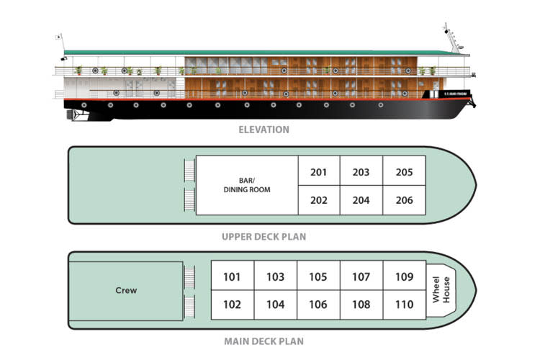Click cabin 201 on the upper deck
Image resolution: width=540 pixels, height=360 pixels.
click(319, 172)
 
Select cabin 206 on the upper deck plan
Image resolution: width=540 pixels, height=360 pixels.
click(404, 200)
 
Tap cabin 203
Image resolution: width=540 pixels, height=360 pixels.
click(361, 172)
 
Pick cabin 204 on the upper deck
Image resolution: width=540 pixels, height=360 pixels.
click(361, 200)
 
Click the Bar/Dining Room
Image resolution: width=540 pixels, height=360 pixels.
click(247, 185)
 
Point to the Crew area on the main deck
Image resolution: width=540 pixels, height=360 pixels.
click(126, 291)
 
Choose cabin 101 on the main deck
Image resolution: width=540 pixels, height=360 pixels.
click(232, 276)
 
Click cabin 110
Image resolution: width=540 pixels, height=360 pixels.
click(404, 305)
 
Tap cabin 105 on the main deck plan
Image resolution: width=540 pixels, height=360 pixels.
click(318, 276)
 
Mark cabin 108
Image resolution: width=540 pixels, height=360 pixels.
click(361, 305)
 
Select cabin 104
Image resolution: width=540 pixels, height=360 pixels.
click(275, 305)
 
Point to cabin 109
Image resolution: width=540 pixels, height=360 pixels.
click(404, 276)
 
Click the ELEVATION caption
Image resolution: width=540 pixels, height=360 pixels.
click(264, 130)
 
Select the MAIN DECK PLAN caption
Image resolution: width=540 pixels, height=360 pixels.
click(264, 341)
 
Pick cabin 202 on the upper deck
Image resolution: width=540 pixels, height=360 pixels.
click(319, 200)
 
